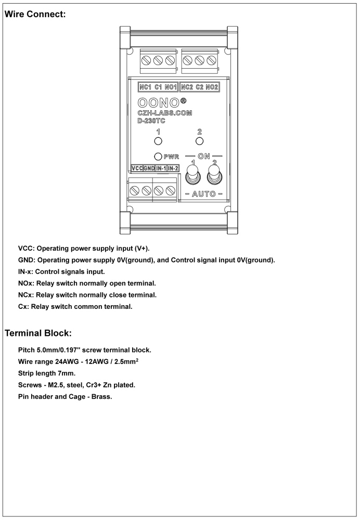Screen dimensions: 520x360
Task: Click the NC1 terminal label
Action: [145, 87]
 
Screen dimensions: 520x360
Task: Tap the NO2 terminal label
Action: [212, 87]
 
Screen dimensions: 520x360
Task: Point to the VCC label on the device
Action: [137, 168]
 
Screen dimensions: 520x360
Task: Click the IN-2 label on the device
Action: [173, 168]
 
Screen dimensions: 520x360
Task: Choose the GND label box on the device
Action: [149, 168]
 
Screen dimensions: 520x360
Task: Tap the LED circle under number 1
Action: [159, 140]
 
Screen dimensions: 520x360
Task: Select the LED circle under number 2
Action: [199, 140]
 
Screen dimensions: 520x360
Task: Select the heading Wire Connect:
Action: [35, 15]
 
